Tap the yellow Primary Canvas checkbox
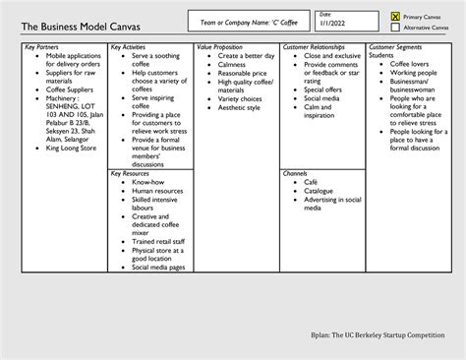[x=396, y=17]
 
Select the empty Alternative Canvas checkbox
[x=396, y=28]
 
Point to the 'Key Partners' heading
[x=42, y=46]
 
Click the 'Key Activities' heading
[x=129, y=46]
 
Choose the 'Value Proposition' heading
[x=218, y=46]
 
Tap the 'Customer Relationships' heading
[x=314, y=46]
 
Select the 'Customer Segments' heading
[x=395, y=46]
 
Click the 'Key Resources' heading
[x=130, y=173]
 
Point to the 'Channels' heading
[x=295, y=173]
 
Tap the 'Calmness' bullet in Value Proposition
[x=232, y=64]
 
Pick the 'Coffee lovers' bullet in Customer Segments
[x=412, y=64]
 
